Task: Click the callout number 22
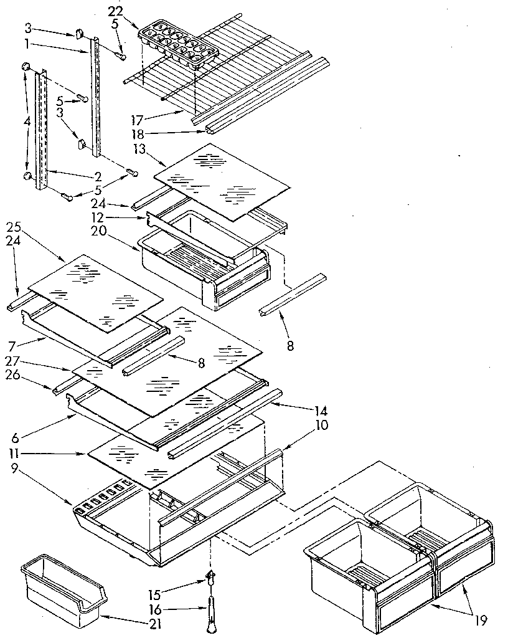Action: click(115, 12)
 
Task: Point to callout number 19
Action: click(479, 621)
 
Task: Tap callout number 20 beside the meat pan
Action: click(119, 230)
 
